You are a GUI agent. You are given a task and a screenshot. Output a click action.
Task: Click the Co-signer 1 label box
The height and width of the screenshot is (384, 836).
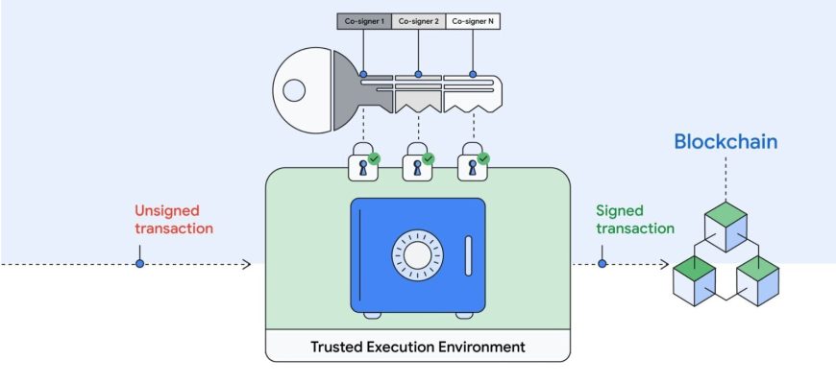(x=364, y=21)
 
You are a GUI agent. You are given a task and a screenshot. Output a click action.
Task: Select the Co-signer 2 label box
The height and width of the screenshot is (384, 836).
(x=419, y=21)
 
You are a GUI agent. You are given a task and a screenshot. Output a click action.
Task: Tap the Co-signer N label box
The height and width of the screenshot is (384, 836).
(x=473, y=21)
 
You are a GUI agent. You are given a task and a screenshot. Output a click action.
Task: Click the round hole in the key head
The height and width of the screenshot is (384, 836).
(x=294, y=90)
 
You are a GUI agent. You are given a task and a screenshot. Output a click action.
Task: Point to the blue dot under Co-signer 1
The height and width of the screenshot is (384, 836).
(x=363, y=74)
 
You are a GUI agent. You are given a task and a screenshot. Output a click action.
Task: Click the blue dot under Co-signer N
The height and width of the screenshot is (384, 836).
(x=473, y=74)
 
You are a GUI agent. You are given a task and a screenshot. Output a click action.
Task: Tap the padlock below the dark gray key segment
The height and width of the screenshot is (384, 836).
(x=363, y=161)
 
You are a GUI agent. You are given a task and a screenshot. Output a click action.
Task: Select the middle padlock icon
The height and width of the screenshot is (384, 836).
(x=418, y=161)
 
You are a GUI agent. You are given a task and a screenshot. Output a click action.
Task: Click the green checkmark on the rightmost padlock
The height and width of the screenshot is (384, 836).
(x=483, y=158)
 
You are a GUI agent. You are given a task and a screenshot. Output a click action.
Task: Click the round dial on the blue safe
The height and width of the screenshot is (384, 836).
(x=417, y=255)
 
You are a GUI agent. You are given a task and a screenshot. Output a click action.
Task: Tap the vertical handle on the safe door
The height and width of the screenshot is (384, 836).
(x=468, y=256)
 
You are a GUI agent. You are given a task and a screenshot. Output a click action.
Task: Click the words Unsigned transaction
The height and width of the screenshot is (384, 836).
(x=174, y=220)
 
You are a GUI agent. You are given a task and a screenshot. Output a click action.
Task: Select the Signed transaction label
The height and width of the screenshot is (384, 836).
(x=635, y=220)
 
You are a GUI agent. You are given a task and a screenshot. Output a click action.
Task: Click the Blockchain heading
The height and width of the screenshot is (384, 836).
(x=725, y=142)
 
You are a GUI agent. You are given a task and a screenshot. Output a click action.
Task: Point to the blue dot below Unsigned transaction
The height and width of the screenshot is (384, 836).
(x=139, y=264)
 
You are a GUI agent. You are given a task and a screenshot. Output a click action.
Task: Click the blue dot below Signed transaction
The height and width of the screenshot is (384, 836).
(x=602, y=264)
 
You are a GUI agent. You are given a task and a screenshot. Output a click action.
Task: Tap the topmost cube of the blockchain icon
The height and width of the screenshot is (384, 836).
(x=725, y=227)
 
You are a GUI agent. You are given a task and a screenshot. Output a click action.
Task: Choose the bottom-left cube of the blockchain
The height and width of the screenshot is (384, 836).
(x=694, y=280)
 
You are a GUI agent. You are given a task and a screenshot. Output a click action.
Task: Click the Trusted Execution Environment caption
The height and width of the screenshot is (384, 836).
(x=418, y=347)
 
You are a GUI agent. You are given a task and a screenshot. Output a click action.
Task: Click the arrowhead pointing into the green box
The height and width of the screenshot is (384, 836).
(x=246, y=264)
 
